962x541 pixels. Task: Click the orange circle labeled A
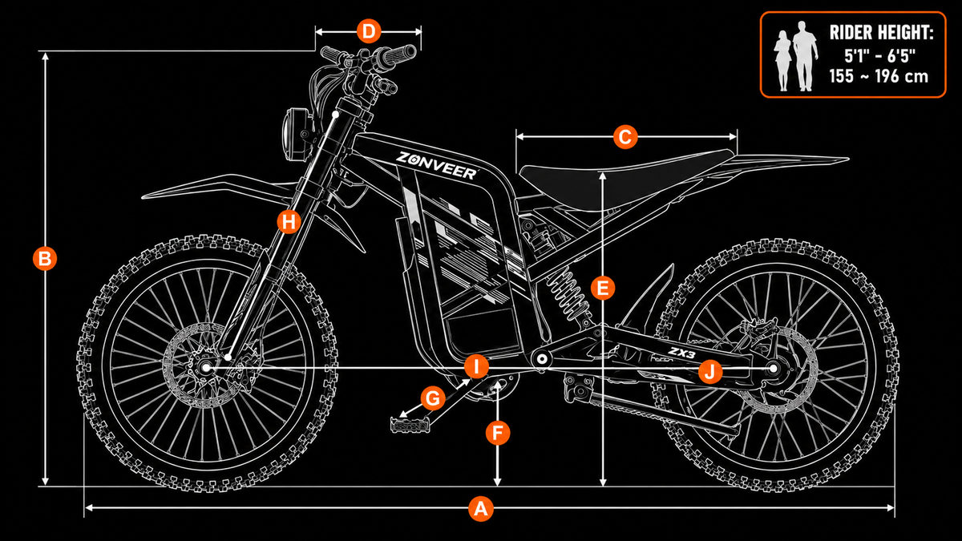[480, 509]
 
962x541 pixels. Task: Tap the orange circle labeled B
[45, 258]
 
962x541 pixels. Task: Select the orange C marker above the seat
[624, 137]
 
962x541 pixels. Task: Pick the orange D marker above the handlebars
[369, 31]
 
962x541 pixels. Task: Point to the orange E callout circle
[603, 288]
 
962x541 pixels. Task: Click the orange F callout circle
[497, 432]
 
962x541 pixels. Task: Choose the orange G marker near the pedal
[432, 398]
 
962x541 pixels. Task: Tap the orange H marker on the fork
[289, 221]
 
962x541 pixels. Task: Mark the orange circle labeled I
[476, 367]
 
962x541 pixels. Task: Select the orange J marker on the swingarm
[710, 371]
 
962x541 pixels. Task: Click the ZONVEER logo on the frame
[436, 165]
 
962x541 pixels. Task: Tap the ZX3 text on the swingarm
[681, 353]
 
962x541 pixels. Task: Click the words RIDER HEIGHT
[881, 33]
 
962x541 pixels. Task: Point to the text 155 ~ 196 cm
[879, 76]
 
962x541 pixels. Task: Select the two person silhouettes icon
[795, 56]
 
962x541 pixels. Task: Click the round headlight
[295, 135]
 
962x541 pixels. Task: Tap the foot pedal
[410, 424]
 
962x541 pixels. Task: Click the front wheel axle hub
[206, 368]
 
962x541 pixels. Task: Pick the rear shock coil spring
[567, 293]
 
